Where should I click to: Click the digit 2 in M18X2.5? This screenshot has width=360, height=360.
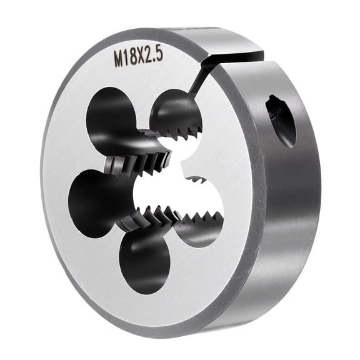point(151,56)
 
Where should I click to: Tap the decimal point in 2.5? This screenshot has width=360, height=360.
point(156,59)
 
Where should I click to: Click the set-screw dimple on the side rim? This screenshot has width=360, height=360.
point(281,119)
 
